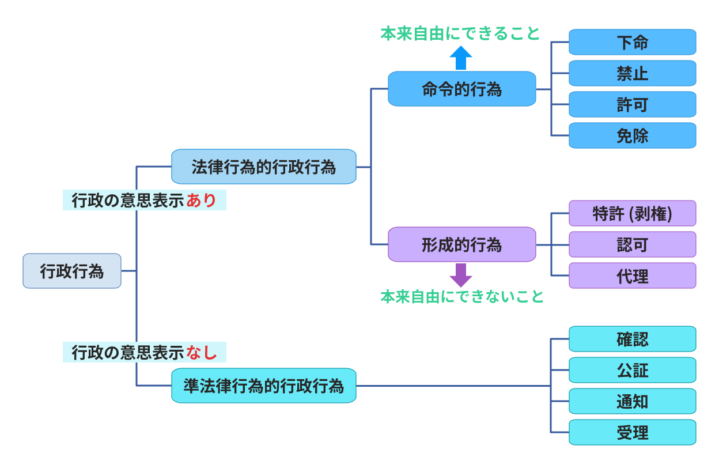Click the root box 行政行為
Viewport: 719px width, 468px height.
pyautogui.click(x=72, y=271)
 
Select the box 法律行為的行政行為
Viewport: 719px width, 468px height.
pyautogui.click(x=264, y=167)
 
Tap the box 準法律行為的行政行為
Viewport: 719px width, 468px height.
pyautogui.click(x=264, y=386)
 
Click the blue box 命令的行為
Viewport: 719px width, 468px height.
pyautogui.click(x=462, y=89)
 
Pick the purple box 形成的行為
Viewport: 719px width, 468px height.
pyautogui.click(x=462, y=244)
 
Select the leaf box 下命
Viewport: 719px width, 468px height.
pyautogui.click(x=632, y=42)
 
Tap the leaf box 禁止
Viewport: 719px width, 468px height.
pyautogui.click(x=632, y=73)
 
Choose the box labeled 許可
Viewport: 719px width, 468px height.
pyautogui.click(x=632, y=104)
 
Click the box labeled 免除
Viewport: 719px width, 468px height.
pyautogui.click(x=632, y=135)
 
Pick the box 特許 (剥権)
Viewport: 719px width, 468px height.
pyautogui.click(x=632, y=213)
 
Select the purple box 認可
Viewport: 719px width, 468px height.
pyautogui.click(x=632, y=244)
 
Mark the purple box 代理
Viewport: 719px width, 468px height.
pyautogui.click(x=632, y=275)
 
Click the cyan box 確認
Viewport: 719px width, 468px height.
pyautogui.click(x=632, y=339)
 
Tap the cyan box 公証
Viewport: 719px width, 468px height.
pyautogui.click(x=632, y=370)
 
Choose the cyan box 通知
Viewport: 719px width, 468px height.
pyautogui.click(x=632, y=401)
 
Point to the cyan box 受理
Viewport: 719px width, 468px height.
pyautogui.click(x=632, y=432)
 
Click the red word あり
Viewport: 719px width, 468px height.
pyautogui.click(x=201, y=201)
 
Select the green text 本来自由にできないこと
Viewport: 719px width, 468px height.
pyautogui.click(x=462, y=297)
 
